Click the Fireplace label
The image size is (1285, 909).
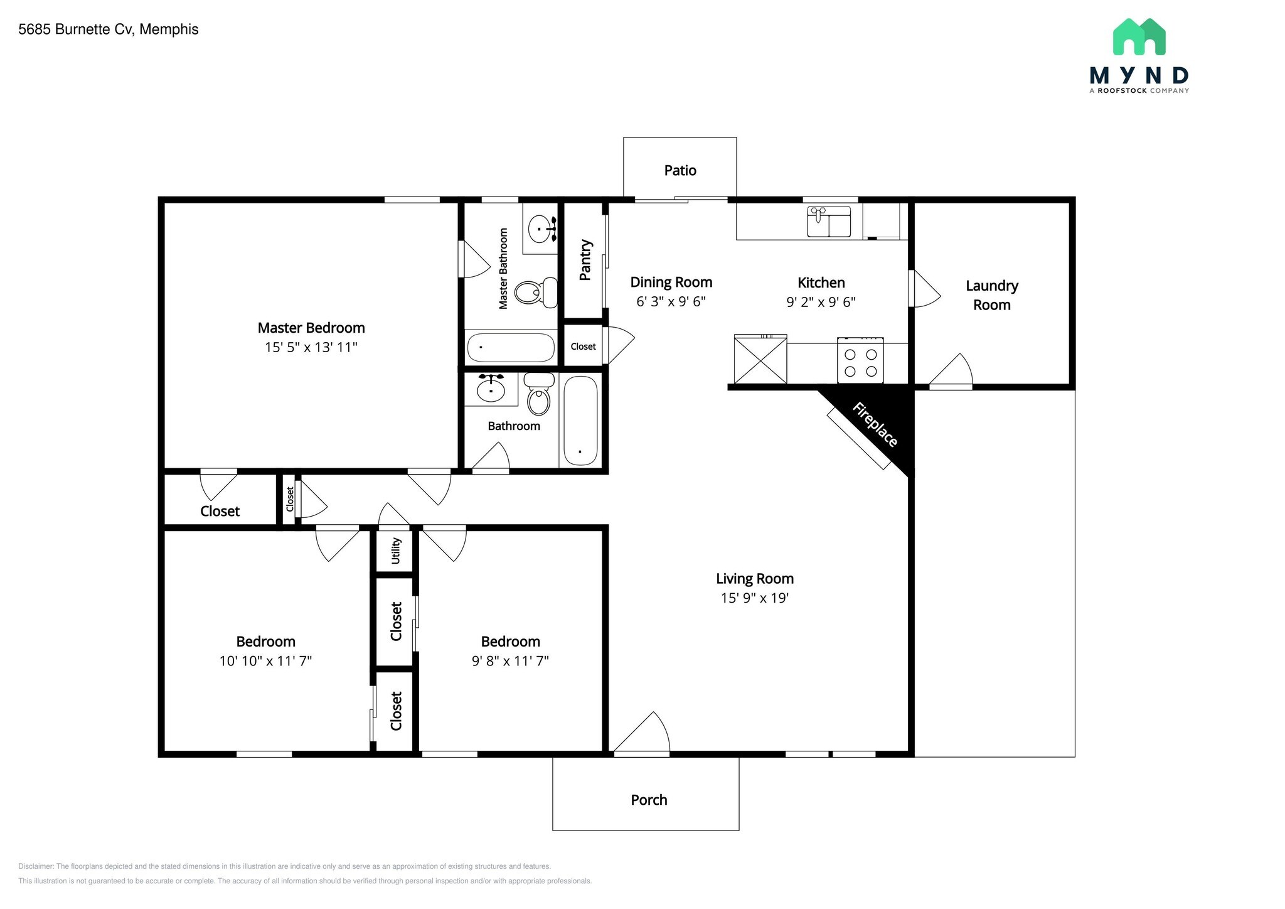click(875, 425)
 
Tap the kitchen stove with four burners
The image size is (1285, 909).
click(860, 361)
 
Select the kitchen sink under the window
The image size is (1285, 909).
click(828, 222)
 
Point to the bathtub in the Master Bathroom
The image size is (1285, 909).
click(511, 347)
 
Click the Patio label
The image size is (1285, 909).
click(680, 170)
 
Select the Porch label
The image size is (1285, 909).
click(649, 800)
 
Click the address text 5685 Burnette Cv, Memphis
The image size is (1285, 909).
click(109, 30)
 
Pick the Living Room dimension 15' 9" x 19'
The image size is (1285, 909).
click(754, 598)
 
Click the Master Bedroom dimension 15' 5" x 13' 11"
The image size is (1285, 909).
click(311, 347)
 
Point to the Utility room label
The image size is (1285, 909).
click(396, 551)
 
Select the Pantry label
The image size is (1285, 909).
click(585, 259)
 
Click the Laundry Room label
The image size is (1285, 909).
click(991, 295)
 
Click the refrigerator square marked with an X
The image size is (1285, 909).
click(760, 360)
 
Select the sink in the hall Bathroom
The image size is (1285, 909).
click(491, 389)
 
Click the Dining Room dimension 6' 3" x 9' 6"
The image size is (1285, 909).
click(671, 301)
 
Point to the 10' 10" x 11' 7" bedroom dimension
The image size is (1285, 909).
click(265, 660)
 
